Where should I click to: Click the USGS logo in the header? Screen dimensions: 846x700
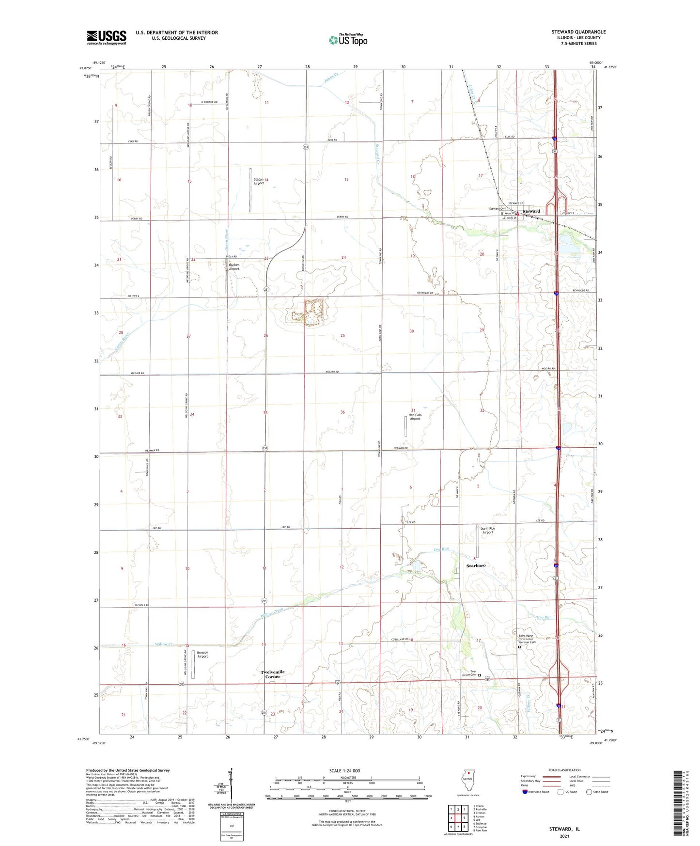(107, 37)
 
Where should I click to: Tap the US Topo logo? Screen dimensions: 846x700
(348, 39)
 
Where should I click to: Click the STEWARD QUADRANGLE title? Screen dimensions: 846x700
(578, 32)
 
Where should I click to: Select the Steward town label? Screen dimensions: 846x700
(531, 211)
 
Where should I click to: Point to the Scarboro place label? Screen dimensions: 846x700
(476, 565)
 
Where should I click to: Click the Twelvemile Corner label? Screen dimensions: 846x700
(272, 674)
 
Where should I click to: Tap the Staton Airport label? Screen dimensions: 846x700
(259, 181)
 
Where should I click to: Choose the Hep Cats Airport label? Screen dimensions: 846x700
(415, 417)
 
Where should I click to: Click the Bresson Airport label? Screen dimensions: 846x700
(202, 655)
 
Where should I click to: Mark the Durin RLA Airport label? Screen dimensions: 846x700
(487, 530)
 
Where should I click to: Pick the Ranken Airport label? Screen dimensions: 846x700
(234, 267)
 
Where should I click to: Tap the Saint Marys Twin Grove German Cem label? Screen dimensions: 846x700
(526, 639)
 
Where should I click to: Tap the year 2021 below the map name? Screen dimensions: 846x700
(564, 836)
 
